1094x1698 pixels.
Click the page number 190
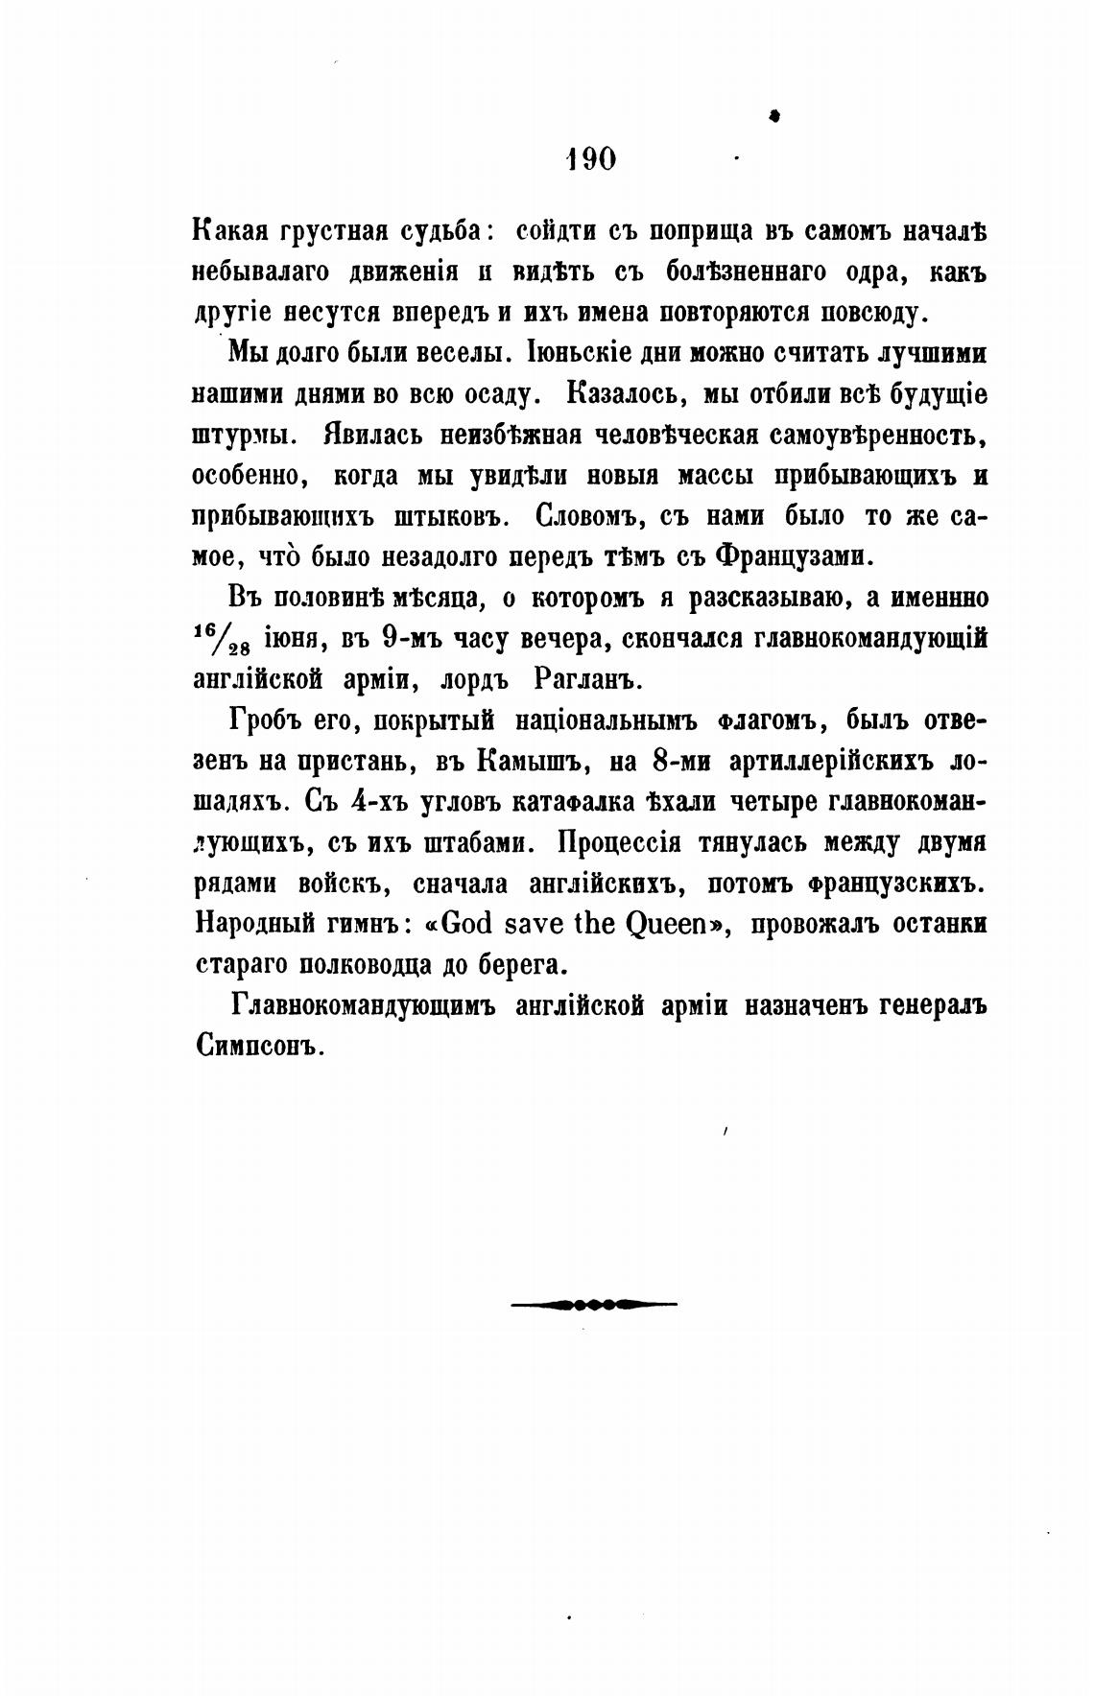click(x=591, y=158)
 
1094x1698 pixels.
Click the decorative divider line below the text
click(x=593, y=1304)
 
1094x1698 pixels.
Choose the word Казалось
click(x=625, y=394)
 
